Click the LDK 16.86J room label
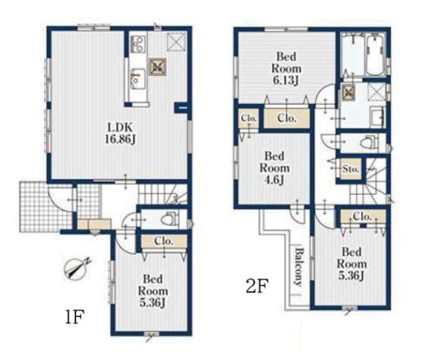[x=120, y=133]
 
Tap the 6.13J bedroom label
[x=286, y=68]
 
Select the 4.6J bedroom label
[x=274, y=168]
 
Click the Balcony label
[x=298, y=267]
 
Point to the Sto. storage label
[x=351, y=169]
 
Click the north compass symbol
[x=77, y=268]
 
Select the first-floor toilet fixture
[x=170, y=219]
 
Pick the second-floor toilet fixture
[x=369, y=142]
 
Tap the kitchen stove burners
[x=139, y=44]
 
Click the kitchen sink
[x=138, y=78]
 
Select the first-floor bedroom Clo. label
[x=164, y=241]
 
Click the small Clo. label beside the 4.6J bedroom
[x=249, y=118]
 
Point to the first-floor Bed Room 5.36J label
[x=153, y=291]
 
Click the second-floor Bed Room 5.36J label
[x=352, y=264]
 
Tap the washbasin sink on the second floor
[x=377, y=117]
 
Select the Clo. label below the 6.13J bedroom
[x=287, y=118]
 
